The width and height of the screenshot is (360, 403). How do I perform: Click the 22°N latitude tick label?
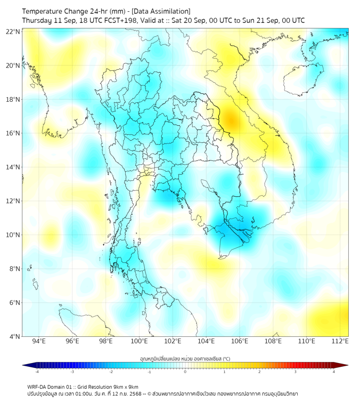click(x=13, y=31)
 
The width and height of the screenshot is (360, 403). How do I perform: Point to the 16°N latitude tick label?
click(x=13, y=133)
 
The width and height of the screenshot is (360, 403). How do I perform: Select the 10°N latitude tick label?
click(x=13, y=235)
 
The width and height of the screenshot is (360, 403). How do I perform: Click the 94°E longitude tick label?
click(x=39, y=341)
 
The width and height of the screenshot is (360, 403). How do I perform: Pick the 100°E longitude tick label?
click(x=140, y=341)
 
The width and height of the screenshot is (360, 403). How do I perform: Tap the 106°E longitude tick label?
click(x=240, y=341)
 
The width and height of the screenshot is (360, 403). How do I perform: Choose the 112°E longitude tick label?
click(x=340, y=341)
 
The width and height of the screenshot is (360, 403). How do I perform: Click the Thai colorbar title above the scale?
click(x=185, y=358)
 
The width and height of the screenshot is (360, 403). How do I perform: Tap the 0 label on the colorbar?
click(x=185, y=372)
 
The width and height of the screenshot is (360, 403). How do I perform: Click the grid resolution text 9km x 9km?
click(x=124, y=386)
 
